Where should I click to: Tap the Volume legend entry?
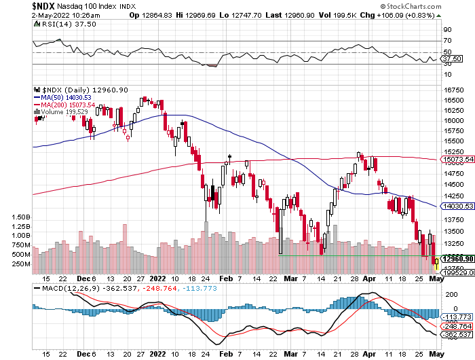tap(64, 112)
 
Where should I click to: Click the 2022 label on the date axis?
tap(157, 278)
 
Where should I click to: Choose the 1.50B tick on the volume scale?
tap(20, 217)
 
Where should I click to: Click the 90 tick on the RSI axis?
tap(448, 30)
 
